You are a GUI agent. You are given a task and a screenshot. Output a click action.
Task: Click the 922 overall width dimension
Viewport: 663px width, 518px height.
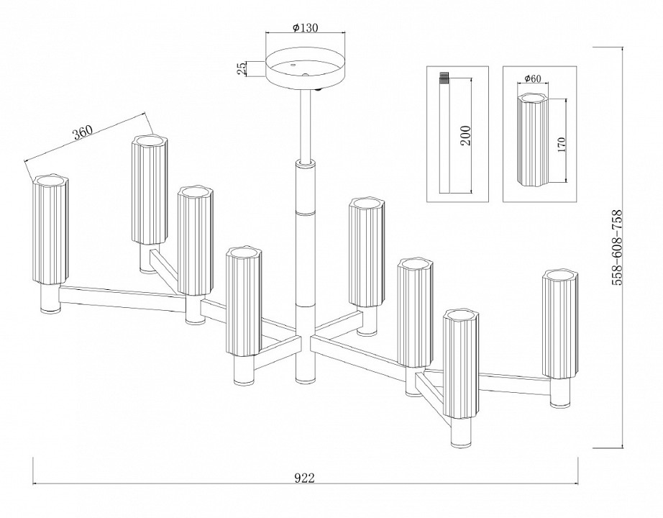[306, 477]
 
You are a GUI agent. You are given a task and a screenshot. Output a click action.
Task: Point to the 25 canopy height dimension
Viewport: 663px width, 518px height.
[242, 68]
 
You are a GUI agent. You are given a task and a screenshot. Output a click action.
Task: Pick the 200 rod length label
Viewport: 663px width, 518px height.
[465, 135]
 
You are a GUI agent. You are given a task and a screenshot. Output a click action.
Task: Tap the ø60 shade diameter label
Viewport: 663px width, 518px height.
[533, 78]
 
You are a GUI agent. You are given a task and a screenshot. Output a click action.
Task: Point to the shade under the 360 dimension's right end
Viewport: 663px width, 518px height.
[150, 188]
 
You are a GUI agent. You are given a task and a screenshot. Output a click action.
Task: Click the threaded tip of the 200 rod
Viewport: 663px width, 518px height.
[444, 76]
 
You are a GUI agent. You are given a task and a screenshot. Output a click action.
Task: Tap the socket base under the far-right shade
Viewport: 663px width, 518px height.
[560, 394]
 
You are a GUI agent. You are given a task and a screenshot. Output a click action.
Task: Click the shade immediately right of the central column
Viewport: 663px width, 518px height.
[365, 252]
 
